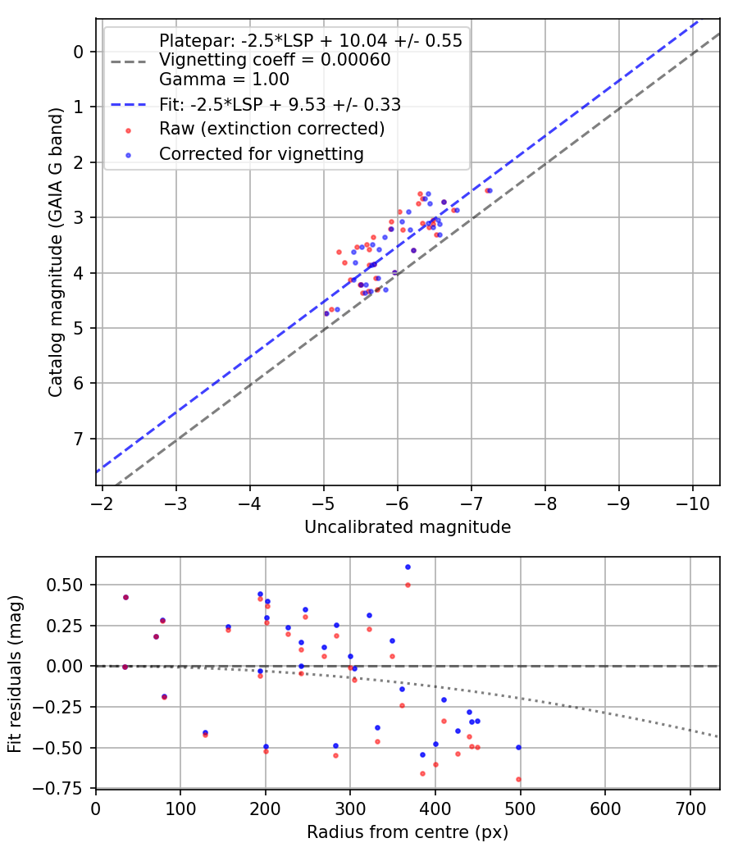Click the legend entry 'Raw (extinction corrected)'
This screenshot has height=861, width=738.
click(x=271, y=129)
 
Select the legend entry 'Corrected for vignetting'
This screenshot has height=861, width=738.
click(x=261, y=153)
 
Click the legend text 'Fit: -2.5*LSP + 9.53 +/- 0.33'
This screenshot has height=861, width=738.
click(x=280, y=104)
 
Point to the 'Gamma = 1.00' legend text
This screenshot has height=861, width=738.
click(x=224, y=80)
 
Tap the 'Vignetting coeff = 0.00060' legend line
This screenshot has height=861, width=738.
click(x=275, y=60)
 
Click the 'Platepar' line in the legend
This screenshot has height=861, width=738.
click(x=311, y=40)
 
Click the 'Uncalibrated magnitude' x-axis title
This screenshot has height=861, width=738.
click(x=408, y=527)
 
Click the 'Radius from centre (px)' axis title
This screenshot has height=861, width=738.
click(x=408, y=832)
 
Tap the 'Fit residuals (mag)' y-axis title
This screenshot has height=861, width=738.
click(x=15, y=673)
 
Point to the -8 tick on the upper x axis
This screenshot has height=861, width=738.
click(x=545, y=502)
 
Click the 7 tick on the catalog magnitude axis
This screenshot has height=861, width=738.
click(x=79, y=439)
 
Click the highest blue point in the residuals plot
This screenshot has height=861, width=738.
click(x=408, y=567)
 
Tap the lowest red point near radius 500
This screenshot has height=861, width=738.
click(x=518, y=779)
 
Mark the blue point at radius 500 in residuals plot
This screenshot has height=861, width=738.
click(x=518, y=747)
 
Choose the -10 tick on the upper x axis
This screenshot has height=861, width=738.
click(x=692, y=502)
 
